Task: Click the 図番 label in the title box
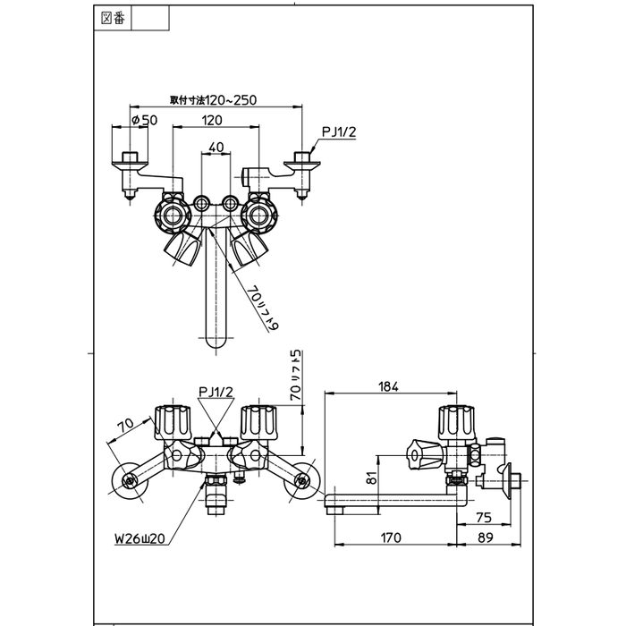tap(114, 17)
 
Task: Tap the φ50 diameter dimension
tap(144, 121)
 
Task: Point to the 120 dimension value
tap(212, 121)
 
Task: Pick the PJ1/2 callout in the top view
tap(338, 131)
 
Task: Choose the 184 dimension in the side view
tap(387, 386)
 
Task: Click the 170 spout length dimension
tap(389, 537)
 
